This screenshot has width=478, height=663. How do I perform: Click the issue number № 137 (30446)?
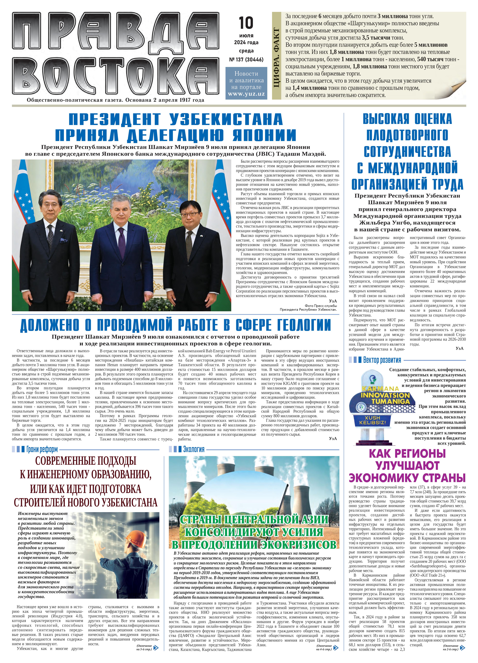[x=246, y=60]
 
